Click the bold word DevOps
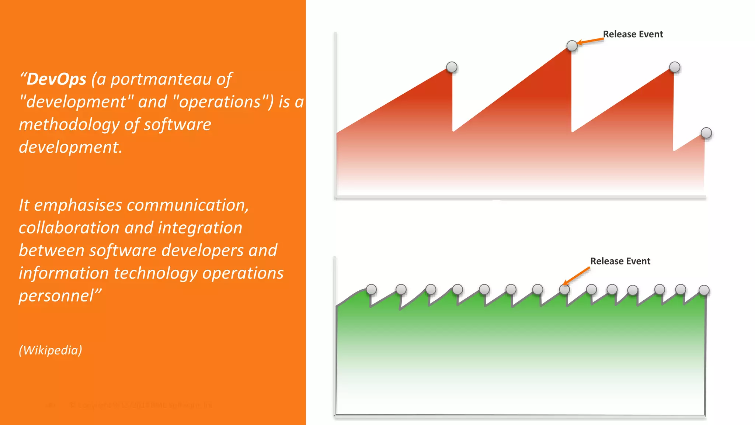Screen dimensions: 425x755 (x=56, y=79)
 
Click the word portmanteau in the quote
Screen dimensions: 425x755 (x=161, y=79)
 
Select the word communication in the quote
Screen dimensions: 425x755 (x=188, y=205)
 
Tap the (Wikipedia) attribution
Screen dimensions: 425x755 (x=51, y=350)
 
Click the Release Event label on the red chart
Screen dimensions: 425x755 (x=633, y=34)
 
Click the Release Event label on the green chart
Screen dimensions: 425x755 (x=620, y=261)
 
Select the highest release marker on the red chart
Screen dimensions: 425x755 (x=572, y=46)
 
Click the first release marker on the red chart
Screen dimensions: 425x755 (x=452, y=67)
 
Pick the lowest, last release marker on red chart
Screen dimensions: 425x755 (x=706, y=133)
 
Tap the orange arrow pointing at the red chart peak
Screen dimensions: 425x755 (x=590, y=41)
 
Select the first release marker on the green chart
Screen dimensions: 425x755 (x=371, y=290)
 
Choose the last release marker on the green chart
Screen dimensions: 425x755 (x=704, y=290)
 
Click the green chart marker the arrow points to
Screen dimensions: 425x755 (x=564, y=290)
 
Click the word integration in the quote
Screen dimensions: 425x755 (x=200, y=228)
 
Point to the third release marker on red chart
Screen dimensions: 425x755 (x=674, y=67)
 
